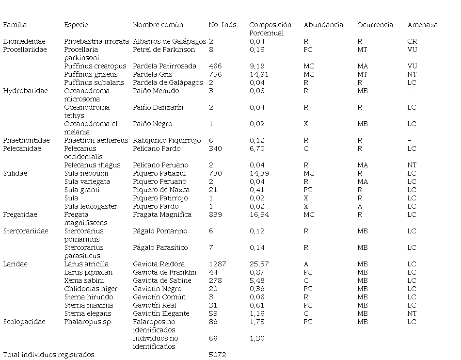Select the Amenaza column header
[422, 25]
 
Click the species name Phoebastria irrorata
[96, 41]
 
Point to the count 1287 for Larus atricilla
[218, 264]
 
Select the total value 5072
[217, 355]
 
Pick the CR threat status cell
[412, 41]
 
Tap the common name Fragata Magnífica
[162, 214]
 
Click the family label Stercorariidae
[26, 231]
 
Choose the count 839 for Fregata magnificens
[215, 214]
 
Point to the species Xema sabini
[84, 280]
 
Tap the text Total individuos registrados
[48, 355]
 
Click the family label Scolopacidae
[24, 322]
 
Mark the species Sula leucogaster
[90, 206]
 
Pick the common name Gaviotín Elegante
[161, 313]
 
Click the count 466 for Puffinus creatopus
[215, 66]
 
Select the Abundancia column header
[323, 25]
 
